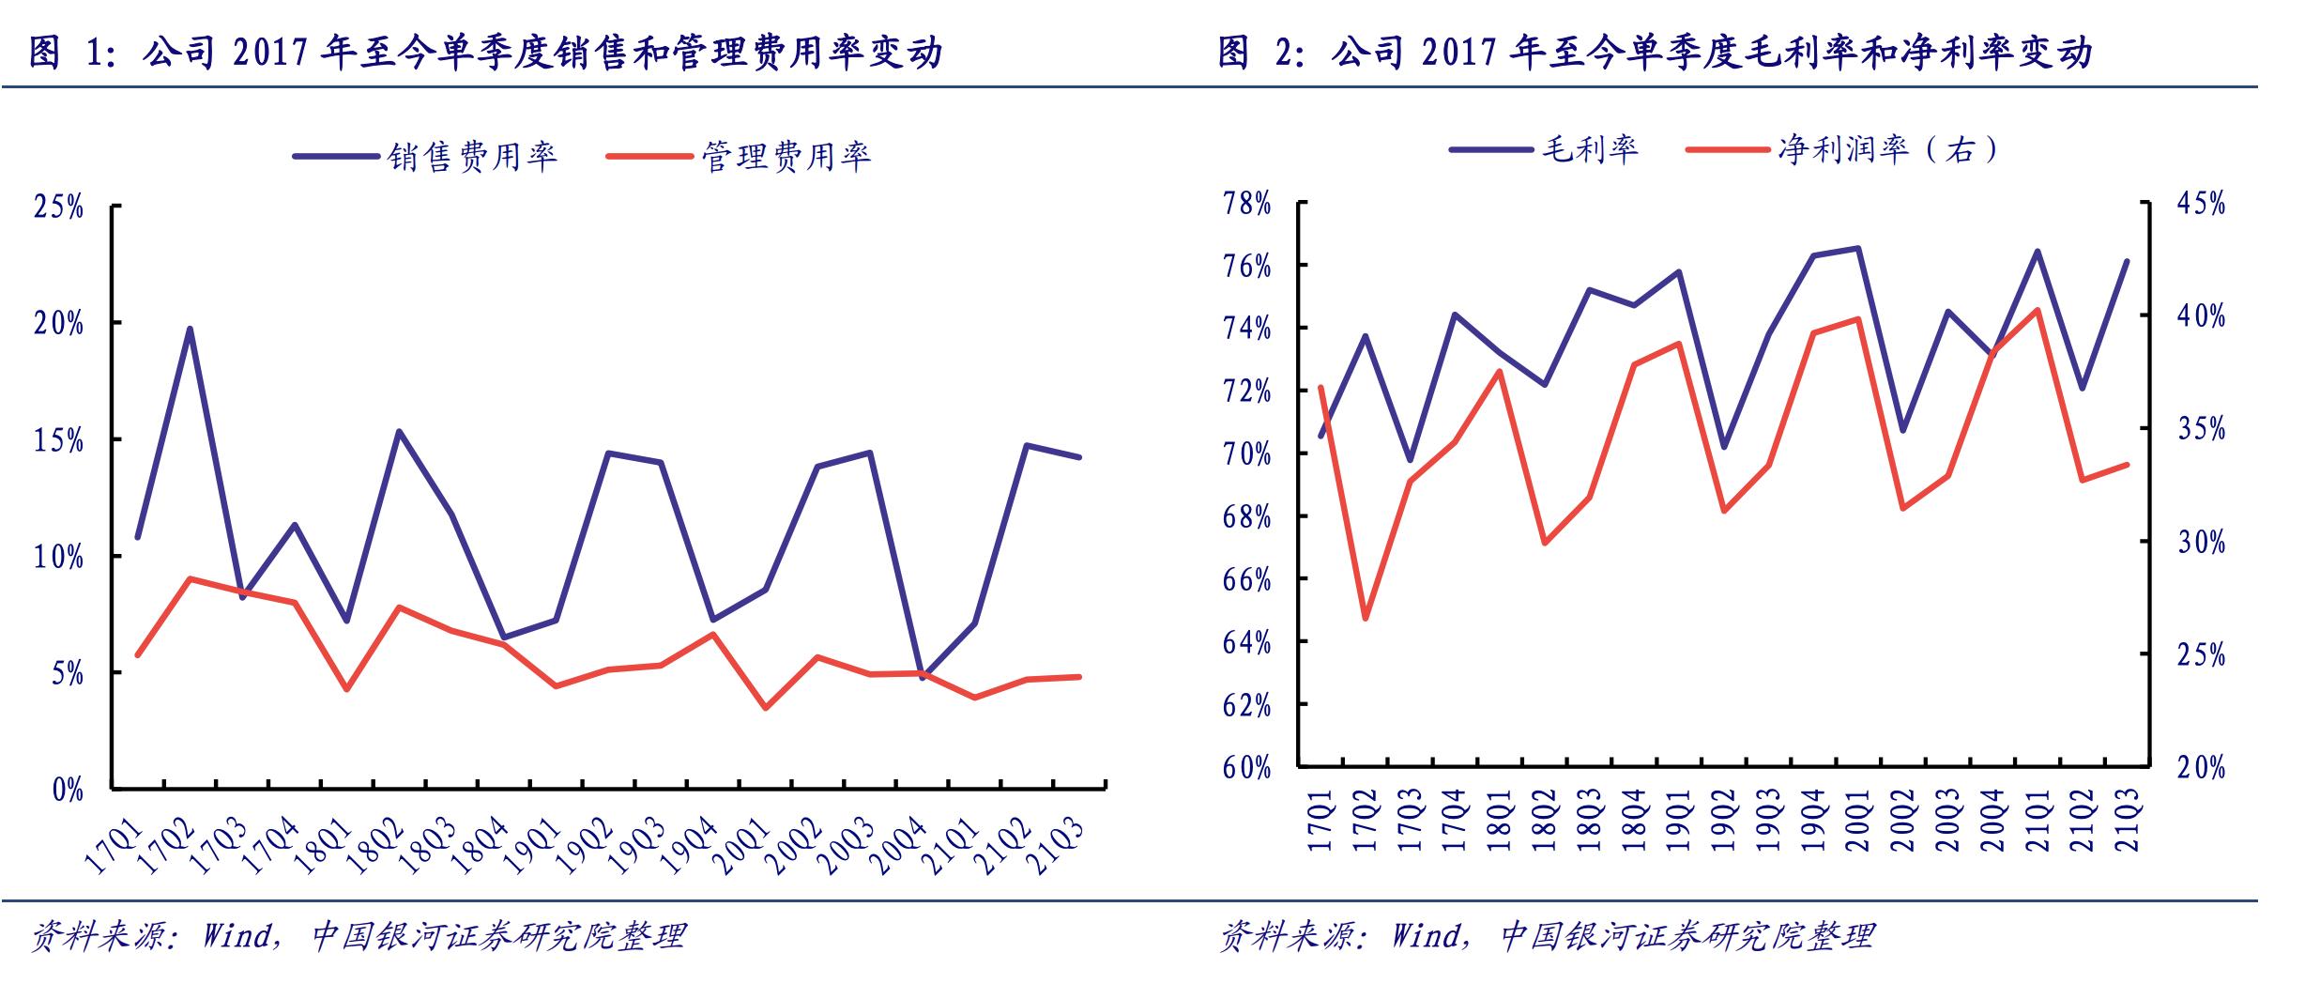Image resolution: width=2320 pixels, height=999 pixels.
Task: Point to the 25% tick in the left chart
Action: (x=58, y=207)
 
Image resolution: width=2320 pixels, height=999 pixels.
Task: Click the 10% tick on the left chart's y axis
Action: (x=58, y=557)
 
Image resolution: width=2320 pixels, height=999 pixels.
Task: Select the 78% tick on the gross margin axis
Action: (x=1246, y=204)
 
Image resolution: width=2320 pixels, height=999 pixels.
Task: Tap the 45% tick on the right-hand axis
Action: (x=2201, y=204)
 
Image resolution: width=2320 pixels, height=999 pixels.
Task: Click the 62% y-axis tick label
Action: (x=1246, y=705)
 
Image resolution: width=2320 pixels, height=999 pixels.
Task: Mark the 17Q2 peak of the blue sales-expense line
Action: (x=190, y=329)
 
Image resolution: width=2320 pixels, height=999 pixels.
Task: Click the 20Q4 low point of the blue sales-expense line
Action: (x=922, y=677)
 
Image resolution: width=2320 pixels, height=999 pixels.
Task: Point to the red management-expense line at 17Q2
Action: (x=190, y=578)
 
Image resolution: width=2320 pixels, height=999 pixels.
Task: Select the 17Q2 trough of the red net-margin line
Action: (x=1365, y=619)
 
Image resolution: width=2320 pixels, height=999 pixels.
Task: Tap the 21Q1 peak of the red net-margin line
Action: (x=2038, y=309)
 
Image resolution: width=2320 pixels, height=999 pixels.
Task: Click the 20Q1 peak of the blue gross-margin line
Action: (x=1858, y=248)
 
